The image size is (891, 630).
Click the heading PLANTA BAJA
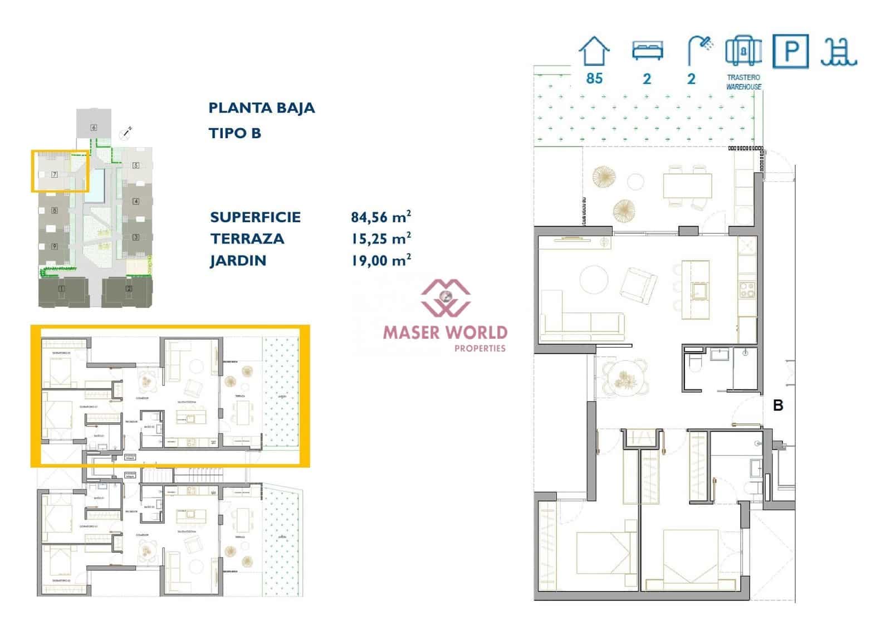(261, 108)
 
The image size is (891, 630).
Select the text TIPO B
(234, 133)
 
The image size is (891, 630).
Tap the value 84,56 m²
(380, 217)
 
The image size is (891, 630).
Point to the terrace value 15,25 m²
(380, 238)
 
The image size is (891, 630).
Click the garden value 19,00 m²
(380, 260)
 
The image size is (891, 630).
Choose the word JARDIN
(238, 261)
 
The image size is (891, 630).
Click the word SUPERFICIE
(255, 217)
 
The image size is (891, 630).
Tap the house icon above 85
(594, 52)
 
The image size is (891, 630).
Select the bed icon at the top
(647, 51)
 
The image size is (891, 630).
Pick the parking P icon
(790, 51)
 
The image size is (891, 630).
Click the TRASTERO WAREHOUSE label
(743, 82)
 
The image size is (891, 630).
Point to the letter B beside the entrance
(778, 406)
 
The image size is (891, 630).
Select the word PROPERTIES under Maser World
(479, 349)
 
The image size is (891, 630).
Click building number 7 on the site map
(55, 174)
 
